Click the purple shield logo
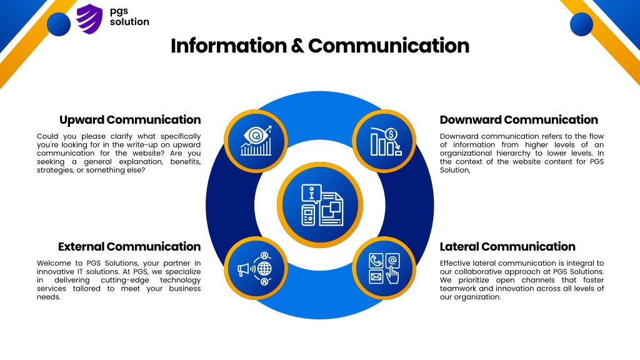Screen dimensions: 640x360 tap(89, 19)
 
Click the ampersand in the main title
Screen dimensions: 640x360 tap(297, 46)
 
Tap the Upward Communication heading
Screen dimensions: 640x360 tap(130, 119)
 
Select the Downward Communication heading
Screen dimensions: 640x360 tap(519, 119)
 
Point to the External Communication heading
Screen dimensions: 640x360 tap(129, 246)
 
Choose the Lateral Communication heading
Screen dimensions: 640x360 tap(507, 246)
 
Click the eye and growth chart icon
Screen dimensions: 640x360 tap(256, 141)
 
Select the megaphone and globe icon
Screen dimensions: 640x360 tap(255, 269)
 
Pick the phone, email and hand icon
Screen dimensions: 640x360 tap(384, 268)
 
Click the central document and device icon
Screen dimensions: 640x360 tap(322, 205)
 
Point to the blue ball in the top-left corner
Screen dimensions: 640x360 tap(59, 24)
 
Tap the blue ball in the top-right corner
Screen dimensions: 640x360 tap(581, 24)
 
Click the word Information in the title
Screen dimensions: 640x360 tap(229, 46)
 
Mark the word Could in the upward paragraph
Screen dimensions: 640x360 tap(47, 136)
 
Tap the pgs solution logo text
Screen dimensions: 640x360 tap(129, 16)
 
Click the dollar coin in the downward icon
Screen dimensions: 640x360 tap(391, 134)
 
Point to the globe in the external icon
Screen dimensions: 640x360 tap(264, 269)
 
